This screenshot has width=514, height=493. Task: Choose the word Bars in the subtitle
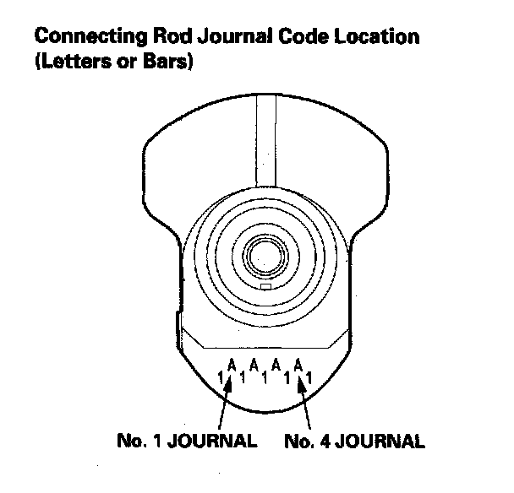coord(167,63)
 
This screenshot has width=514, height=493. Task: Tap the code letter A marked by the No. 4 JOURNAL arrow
coord(298,366)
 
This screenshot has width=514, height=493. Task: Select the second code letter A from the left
coord(254,366)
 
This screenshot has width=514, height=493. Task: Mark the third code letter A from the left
coord(276,366)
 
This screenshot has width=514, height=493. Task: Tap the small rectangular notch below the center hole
coord(266,287)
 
